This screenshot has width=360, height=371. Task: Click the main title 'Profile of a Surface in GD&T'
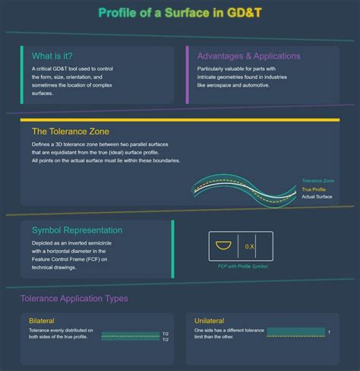(179, 13)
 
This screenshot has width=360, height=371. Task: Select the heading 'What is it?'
(53, 55)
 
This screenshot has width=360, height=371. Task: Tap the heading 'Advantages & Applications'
(248, 55)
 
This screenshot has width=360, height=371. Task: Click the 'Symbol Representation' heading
(77, 230)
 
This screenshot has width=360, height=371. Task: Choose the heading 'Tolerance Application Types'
(74, 299)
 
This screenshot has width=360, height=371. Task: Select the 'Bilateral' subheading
(42, 321)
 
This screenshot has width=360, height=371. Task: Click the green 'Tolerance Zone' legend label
(317, 181)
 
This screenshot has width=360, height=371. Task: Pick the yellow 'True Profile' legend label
(314, 189)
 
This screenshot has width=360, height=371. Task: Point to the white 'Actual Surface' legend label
(317, 197)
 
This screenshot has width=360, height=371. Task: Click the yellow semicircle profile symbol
(222, 246)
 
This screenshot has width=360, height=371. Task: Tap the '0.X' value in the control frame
(250, 246)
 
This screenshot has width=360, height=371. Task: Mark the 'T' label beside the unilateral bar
(328, 333)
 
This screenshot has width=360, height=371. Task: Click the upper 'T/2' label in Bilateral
(166, 334)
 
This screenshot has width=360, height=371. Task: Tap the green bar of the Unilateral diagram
(295, 333)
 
